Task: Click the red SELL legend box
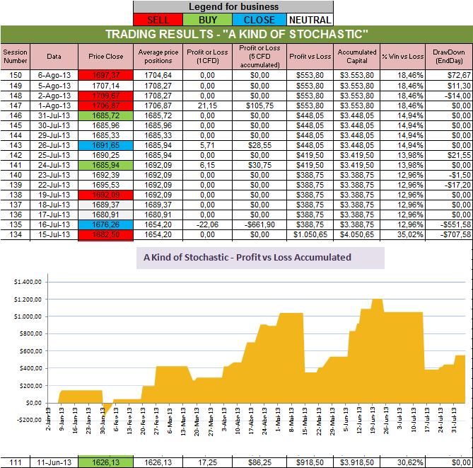pos(157,19)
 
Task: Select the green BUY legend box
pos(206,19)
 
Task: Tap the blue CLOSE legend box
pos(259,19)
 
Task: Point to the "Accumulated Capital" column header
pos(357,56)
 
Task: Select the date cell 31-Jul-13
pos(54,115)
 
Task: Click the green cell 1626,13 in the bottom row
pos(105,462)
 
